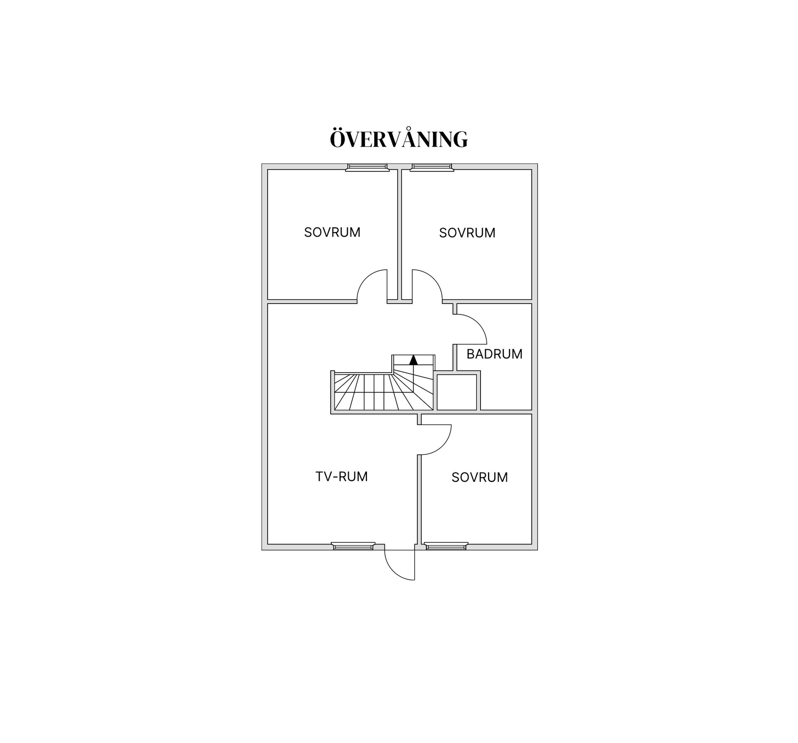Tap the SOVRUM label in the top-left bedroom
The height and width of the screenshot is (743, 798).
click(x=332, y=232)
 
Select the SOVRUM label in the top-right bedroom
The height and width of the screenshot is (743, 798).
click(x=467, y=233)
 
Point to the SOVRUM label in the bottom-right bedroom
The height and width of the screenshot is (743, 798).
click(x=480, y=477)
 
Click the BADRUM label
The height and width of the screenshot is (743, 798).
click(x=494, y=354)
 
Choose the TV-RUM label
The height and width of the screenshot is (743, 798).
click(x=342, y=476)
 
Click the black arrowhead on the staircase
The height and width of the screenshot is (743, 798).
click(x=414, y=360)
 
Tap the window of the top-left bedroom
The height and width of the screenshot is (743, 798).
click(x=367, y=167)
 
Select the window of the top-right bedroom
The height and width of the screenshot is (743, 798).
click(x=432, y=167)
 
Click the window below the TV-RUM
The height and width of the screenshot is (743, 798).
click(x=353, y=546)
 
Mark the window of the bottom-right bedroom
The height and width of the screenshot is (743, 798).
click(x=446, y=546)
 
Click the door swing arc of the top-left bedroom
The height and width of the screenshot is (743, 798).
click(x=366, y=278)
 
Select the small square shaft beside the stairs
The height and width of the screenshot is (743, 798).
click(x=456, y=392)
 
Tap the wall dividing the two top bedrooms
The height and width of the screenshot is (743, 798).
click(x=400, y=234)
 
